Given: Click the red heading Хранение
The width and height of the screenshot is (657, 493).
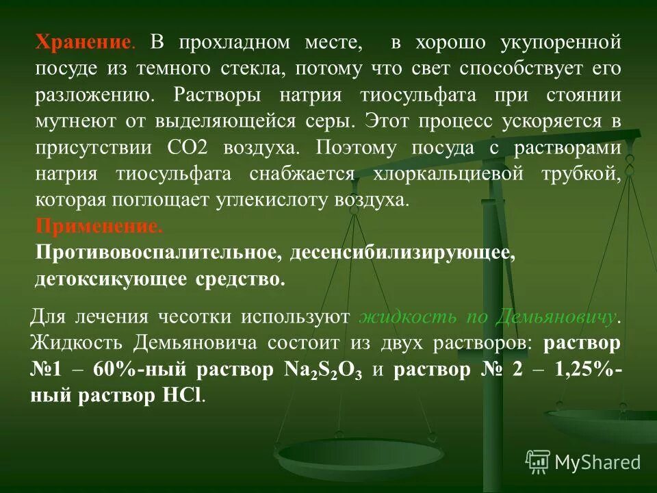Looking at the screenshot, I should [82, 43].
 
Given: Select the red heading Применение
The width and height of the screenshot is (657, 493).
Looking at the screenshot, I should [99, 226].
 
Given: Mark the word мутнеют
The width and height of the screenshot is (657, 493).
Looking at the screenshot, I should [76, 121].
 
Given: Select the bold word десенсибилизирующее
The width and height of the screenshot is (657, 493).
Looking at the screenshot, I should [402, 253].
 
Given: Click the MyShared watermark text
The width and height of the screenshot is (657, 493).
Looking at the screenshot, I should [597, 462].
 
